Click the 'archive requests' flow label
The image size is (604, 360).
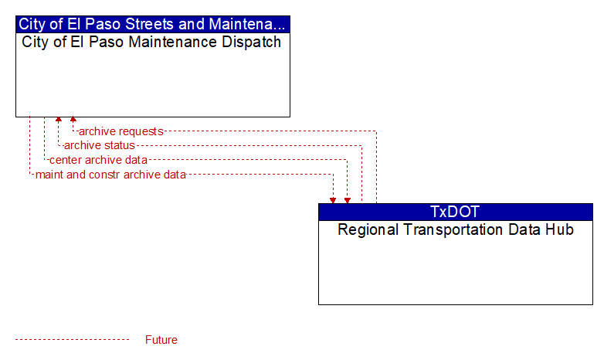tap(121, 131)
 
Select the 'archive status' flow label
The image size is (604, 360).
tap(100, 145)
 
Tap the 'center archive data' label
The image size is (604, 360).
tap(98, 160)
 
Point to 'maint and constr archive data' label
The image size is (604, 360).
tap(110, 175)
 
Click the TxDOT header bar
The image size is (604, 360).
tap(455, 212)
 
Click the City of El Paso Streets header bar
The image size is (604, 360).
tap(152, 24)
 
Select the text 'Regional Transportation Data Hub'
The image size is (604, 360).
tap(456, 229)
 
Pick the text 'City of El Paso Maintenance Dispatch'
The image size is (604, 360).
tap(151, 42)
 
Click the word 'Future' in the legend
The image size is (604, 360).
tap(161, 340)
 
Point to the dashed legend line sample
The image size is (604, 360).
tap(73, 340)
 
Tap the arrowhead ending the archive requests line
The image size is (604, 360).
tap(73, 120)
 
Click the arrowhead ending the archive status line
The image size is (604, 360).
tap(59, 120)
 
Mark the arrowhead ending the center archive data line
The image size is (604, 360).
tap(348, 200)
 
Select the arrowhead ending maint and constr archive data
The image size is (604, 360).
tap(333, 200)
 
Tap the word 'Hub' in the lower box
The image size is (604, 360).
tap(561, 229)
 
